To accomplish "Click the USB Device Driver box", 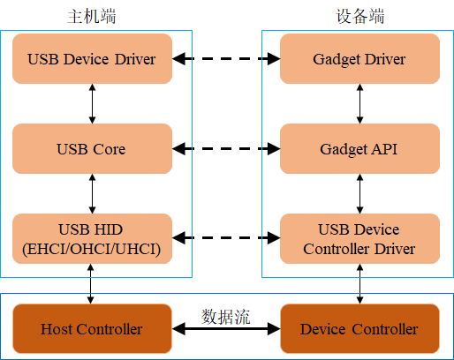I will pyautogui.click(x=92, y=59).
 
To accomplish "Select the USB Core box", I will pyautogui.click(x=92, y=149).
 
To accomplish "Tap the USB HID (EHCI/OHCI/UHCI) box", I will pyautogui.click(x=92, y=238).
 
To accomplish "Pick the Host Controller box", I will pyautogui.click(x=92, y=329).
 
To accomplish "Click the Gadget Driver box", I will pyautogui.click(x=359, y=59).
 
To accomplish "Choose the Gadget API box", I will pyautogui.click(x=359, y=149).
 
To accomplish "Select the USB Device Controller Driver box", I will pyautogui.click(x=359, y=238).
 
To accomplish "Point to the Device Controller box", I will pyautogui.click(x=359, y=329).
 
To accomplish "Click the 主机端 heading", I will pyautogui.click(x=91, y=17).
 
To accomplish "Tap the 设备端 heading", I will pyautogui.click(x=359, y=17).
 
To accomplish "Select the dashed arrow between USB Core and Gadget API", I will pyautogui.click(x=226, y=149).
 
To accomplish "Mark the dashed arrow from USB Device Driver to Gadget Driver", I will pyautogui.click(x=226, y=59).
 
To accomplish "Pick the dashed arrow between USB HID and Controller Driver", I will pyautogui.click(x=226, y=238).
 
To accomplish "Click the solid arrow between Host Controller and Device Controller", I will pyautogui.click(x=226, y=330).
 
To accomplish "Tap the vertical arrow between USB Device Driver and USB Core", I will pyautogui.click(x=92, y=104).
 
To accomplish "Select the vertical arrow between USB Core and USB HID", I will pyautogui.click(x=92, y=194).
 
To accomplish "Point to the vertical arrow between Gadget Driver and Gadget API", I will pyautogui.click(x=359, y=104).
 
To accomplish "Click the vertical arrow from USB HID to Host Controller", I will pyautogui.click(x=92, y=283).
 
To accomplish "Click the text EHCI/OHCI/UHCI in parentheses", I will pyautogui.click(x=92, y=249).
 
